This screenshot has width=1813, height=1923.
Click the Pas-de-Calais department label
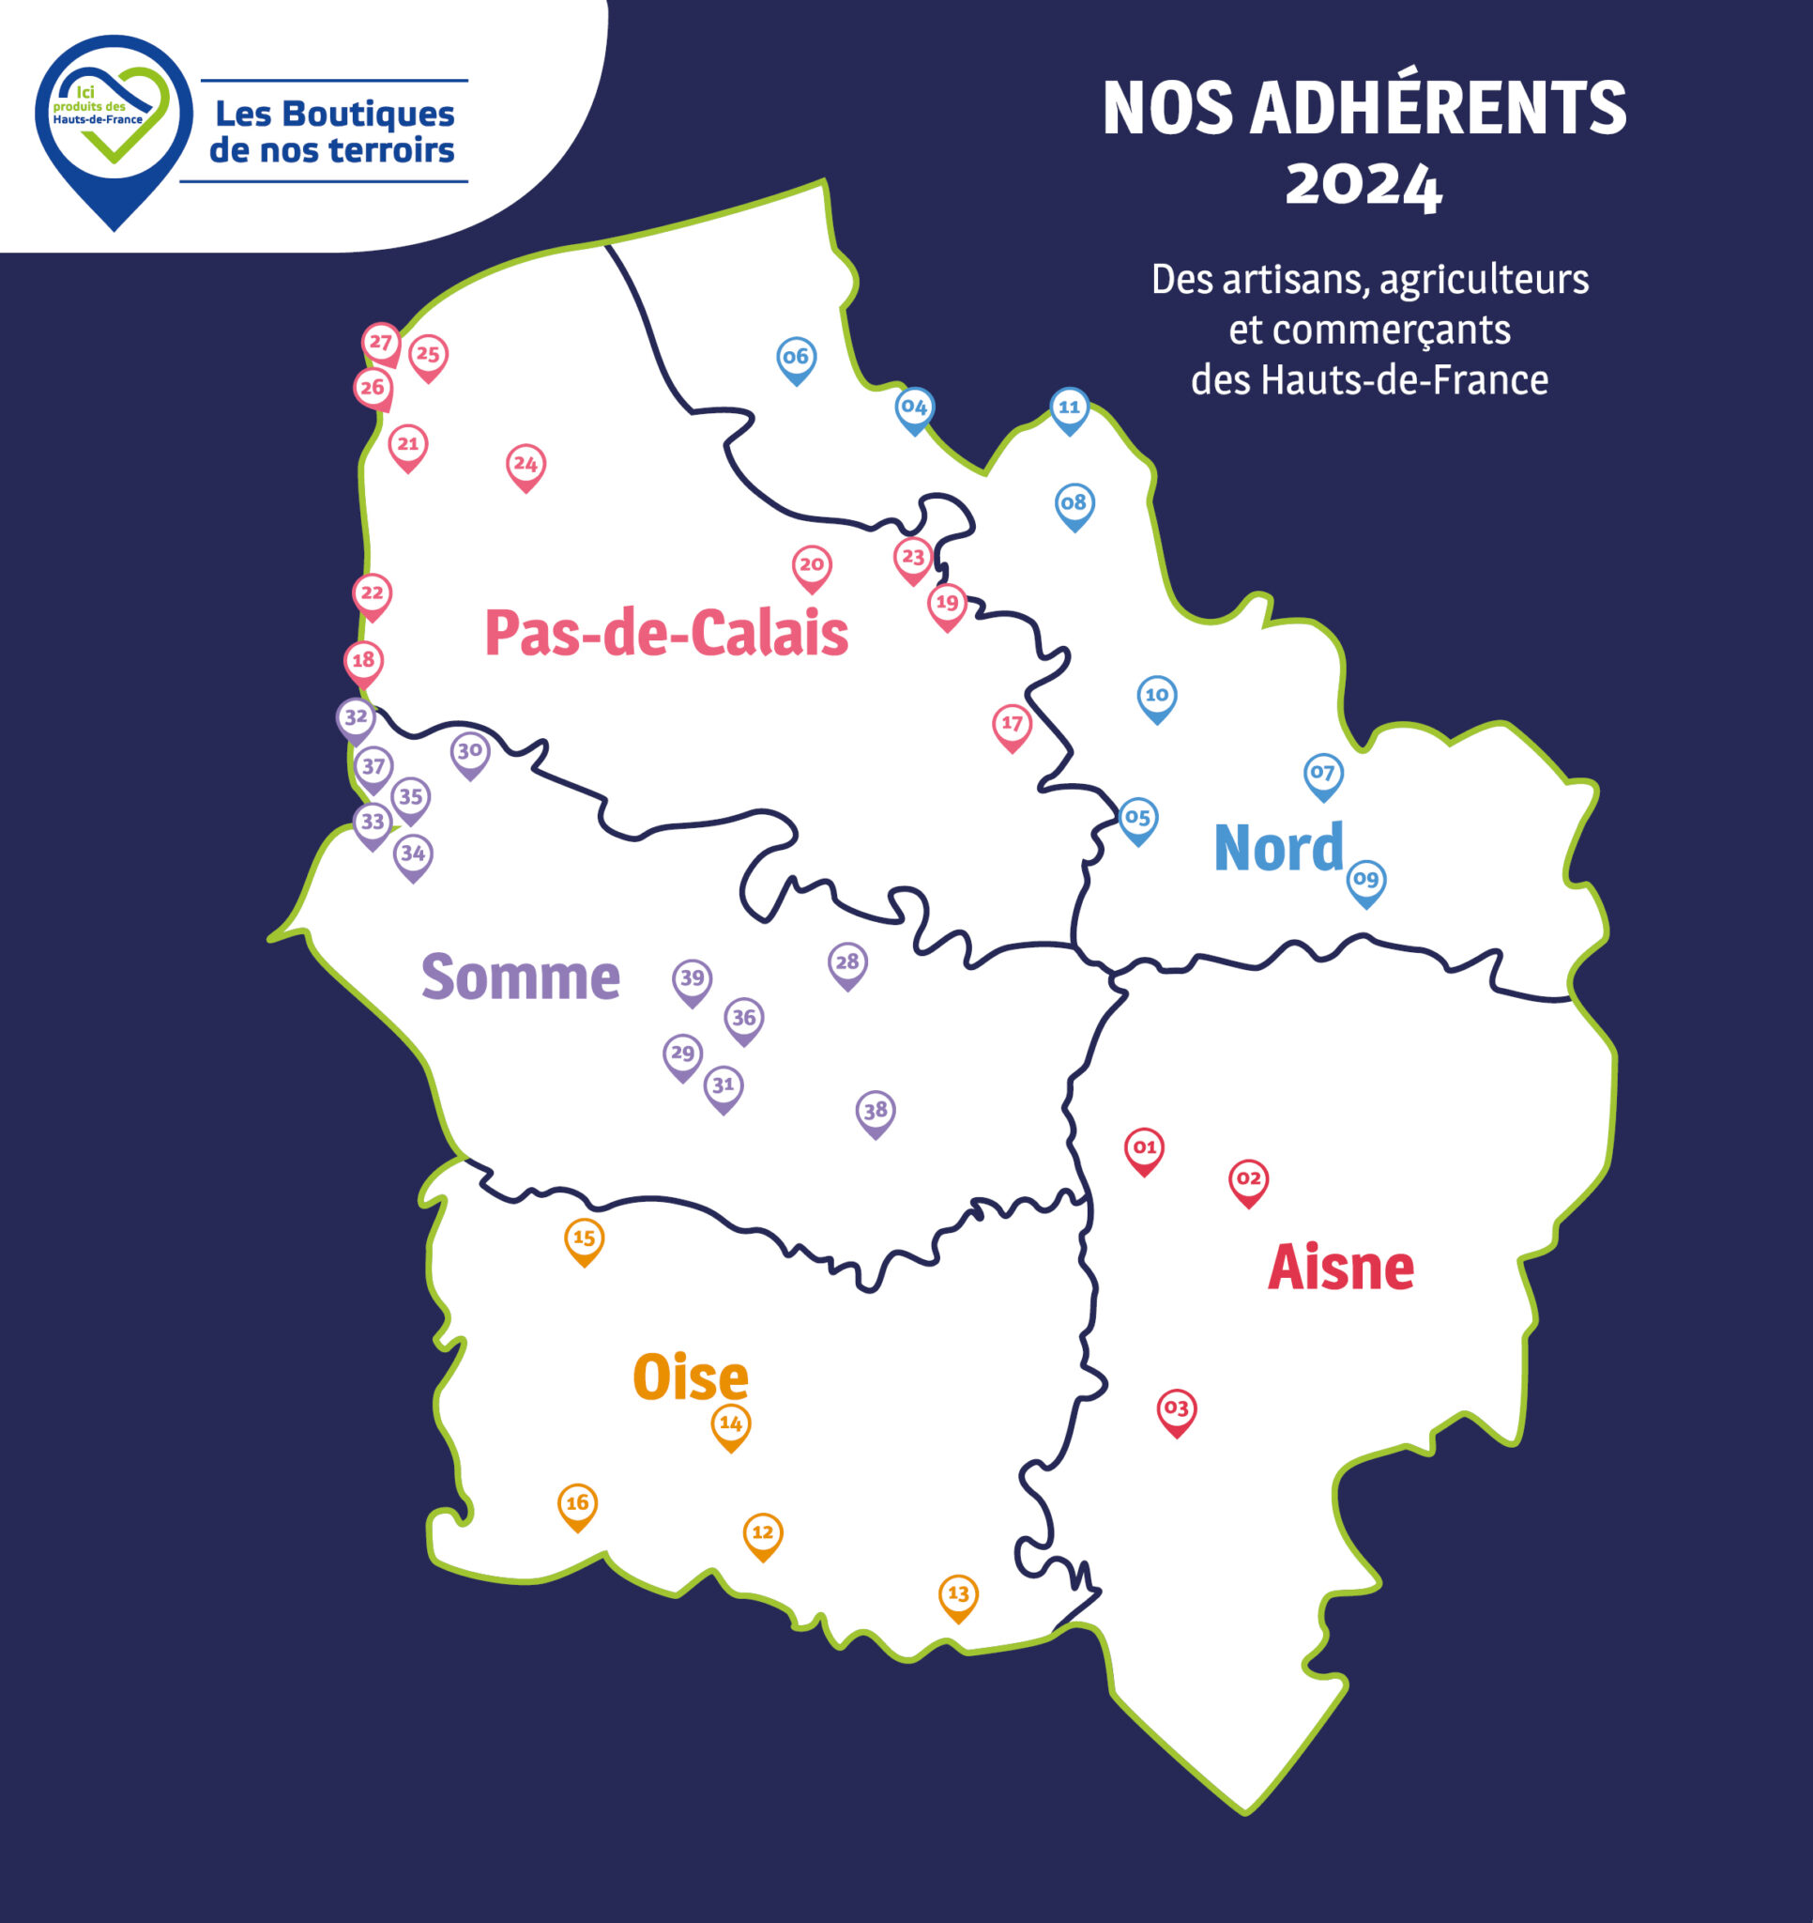tap(666, 634)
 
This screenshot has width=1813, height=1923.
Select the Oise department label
tap(691, 1377)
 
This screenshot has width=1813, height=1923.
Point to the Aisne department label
tap(1340, 1268)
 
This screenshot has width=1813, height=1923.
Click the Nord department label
tap(1278, 847)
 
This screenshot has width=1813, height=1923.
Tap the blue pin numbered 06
tap(796, 358)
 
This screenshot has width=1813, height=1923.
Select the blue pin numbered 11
tap(1069, 408)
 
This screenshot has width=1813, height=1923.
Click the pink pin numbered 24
tap(526, 466)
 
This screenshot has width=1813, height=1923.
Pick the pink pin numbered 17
tap(1012, 725)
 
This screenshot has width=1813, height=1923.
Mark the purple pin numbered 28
tap(847, 963)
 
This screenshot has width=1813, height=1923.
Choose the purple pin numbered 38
tap(876, 1112)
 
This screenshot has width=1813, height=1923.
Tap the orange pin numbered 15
tap(584, 1239)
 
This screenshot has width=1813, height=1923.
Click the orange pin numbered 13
tap(957, 1595)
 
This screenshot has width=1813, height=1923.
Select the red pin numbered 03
tap(1176, 1409)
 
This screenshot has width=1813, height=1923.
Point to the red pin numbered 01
tap(1144, 1148)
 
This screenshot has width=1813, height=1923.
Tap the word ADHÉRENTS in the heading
tap(1438, 108)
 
